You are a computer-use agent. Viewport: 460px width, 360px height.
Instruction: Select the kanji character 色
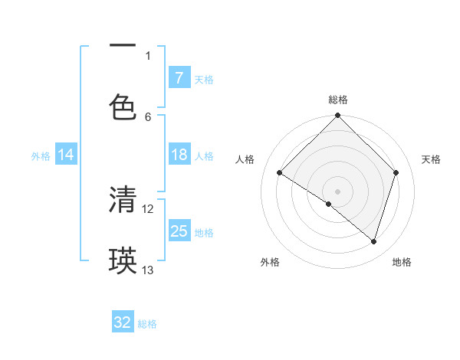pos(123,107)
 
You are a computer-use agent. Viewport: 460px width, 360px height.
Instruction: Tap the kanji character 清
pos(123,200)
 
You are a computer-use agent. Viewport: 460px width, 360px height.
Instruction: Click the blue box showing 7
pos(179,78)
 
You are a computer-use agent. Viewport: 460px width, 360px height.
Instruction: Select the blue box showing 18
pos(179,155)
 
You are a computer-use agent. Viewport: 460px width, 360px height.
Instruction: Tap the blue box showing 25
pos(179,231)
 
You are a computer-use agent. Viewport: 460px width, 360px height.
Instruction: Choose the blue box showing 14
pos(66,155)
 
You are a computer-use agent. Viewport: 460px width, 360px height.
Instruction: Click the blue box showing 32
pos(122,323)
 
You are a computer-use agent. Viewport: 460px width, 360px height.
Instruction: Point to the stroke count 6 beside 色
pos(148,117)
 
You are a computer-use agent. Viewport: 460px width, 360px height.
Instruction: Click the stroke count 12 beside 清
pos(148,208)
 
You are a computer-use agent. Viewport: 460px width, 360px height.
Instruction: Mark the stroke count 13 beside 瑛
pos(148,270)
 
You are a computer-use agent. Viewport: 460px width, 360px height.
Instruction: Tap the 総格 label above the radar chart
pos(338,100)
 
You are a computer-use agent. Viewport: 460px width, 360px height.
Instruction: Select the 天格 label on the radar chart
pos(432,159)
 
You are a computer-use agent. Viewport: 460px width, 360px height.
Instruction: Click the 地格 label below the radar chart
pos(402,262)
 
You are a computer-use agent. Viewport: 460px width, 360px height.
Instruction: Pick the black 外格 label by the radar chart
pos(270,262)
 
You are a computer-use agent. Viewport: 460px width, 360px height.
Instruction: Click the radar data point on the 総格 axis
pos(338,116)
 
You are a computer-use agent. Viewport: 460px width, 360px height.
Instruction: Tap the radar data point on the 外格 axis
pos(329,204)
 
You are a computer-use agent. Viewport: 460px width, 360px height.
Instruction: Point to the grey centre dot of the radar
pos(338,191)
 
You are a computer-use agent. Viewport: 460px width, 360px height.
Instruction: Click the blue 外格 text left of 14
pos(41,156)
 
